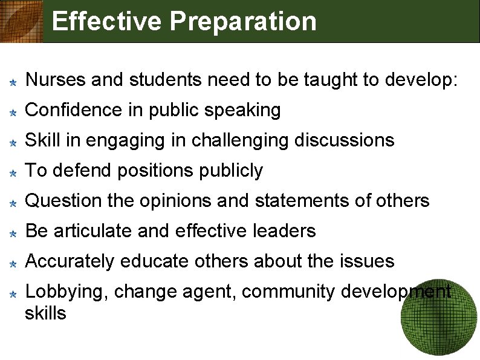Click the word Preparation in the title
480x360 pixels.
point(243,22)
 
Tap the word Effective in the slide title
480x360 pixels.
point(107,21)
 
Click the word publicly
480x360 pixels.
point(232,171)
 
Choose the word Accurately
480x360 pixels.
point(70,262)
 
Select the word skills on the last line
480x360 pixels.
point(46,313)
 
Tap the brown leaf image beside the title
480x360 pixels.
point(21,21)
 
